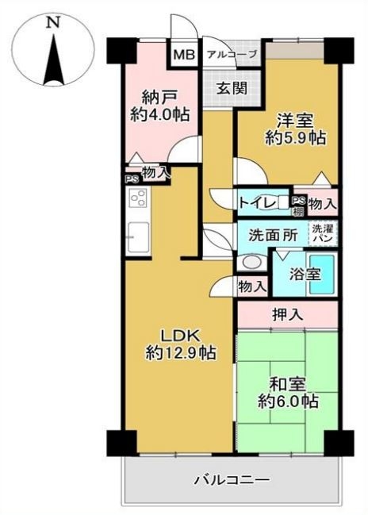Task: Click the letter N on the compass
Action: point(53,22)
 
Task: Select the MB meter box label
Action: point(184,54)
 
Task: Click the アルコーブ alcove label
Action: point(232,54)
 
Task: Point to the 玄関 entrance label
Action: point(232,88)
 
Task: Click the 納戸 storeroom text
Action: point(160,98)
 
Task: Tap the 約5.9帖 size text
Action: point(296,138)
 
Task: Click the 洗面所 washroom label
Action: point(273,235)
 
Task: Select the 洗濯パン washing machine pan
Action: point(323,233)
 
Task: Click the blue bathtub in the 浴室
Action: point(322,275)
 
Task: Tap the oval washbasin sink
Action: point(252,263)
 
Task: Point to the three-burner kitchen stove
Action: point(140,198)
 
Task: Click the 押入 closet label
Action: point(288,315)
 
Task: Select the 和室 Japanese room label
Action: point(288,385)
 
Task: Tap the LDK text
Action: point(180,336)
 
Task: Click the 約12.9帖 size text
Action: point(180,353)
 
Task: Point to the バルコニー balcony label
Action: point(232,481)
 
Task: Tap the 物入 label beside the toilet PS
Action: point(323,204)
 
